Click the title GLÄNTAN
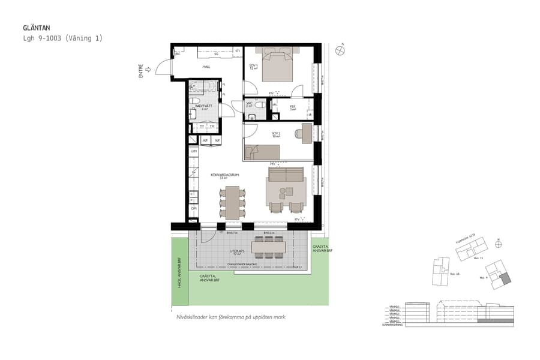36,28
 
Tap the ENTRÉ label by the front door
141,72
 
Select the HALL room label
206,67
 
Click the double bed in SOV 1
274,64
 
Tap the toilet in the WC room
259,105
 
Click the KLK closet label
293,107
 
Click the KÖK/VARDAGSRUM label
225,176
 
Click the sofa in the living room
286,175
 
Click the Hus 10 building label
454,274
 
